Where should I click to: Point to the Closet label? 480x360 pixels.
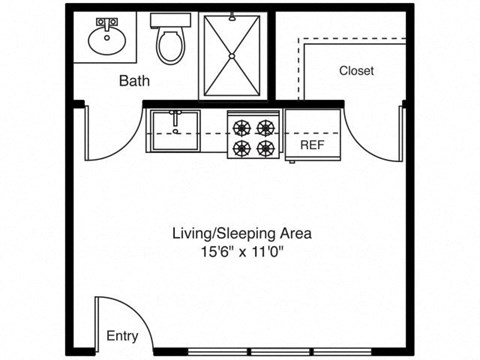(x=356, y=70)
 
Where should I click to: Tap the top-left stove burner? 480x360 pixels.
(x=241, y=126)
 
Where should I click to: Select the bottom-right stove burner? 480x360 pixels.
(x=265, y=148)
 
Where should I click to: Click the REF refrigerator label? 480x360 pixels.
(x=313, y=144)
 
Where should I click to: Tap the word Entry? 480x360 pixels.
(x=122, y=336)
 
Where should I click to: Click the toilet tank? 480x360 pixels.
(x=169, y=19)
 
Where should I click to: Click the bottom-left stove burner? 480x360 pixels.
(x=241, y=148)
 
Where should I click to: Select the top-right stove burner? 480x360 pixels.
(x=265, y=126)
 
